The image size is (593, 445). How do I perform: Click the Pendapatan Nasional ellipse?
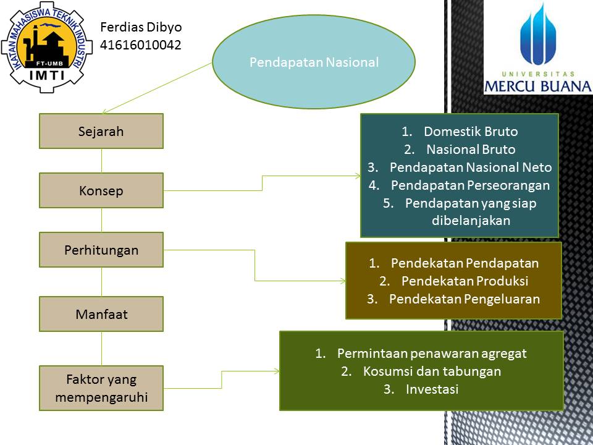(314, 62)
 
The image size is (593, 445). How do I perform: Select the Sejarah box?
(101, 131)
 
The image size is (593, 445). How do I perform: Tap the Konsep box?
(101, 190)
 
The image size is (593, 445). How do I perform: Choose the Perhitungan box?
(101, 250)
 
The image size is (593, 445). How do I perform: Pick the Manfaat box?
(101, 314)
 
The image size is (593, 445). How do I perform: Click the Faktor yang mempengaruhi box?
(101, 388)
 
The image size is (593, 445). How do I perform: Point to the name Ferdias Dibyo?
(141, 27)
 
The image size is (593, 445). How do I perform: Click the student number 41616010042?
(141, 44)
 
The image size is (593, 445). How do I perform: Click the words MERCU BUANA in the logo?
(537, 86)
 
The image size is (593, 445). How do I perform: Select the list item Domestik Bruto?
(471, 132)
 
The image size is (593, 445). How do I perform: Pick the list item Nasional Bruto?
(471, 150)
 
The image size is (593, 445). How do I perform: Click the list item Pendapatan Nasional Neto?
(471, 167)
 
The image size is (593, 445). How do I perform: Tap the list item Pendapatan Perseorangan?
(470, 185)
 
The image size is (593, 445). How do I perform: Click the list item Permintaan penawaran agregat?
(432, 354)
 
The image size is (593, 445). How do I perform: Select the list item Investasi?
(432, 389)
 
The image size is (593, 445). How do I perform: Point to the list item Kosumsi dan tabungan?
(432, 371)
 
